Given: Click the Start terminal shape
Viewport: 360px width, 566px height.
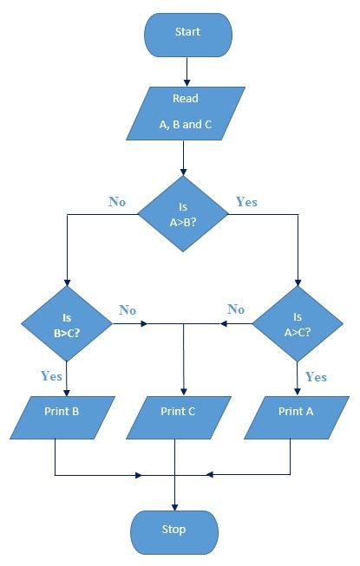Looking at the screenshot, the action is pyautogui.click(x=188, y=35).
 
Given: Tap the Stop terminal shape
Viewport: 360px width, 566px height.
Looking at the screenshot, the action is pyautogui.click(x=174, y=532).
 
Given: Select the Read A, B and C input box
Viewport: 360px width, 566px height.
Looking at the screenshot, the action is pyautogui.click(x=186, y=114).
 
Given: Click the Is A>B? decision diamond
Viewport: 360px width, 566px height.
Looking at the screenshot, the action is pyautogui.click(x=183, y=214).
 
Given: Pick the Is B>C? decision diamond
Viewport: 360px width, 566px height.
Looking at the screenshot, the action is pyautogui.click(x=67, y=324).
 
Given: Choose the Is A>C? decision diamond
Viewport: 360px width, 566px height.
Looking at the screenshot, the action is pyautogui.click(x=298, y=324).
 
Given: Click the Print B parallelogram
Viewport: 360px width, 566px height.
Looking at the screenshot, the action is pyautogui.click(x=62, y=418).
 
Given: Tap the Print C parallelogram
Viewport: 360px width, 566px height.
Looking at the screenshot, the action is pyautogui.click(x=179, y=418).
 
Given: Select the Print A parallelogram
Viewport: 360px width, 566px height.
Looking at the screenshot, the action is pyautogui.click(x=297, y=418).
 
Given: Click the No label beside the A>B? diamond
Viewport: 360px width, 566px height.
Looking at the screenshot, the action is pyautogui.click(x=117, y=201).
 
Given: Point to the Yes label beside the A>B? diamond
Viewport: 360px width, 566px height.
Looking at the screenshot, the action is pyautogui.click(x=246, y=201).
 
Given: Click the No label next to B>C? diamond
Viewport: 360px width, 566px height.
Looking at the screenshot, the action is pyautogui.click(x=128, y=310).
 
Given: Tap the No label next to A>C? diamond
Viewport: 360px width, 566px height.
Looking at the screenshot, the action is pyautogui.click(x=236, y=309).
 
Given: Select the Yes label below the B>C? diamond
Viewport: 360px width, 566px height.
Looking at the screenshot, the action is pyautogui.click(x=51, y=376).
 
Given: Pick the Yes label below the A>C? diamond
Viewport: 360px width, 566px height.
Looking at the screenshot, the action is pyautogui.click(x=316, y=377).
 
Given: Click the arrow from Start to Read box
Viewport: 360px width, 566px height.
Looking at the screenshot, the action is pyautogui.click(x=187, y=72).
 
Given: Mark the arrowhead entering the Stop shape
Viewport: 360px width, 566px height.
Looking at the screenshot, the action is pyautogui.click(x=174, y=507).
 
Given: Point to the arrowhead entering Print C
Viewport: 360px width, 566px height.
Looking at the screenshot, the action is pyautogui.click(x=184, y=393).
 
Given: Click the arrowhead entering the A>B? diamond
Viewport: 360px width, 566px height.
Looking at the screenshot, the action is pyautogui.click(x=183, y=172).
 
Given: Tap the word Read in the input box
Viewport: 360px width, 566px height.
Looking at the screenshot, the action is pyautogui.click(x=186, y=98).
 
